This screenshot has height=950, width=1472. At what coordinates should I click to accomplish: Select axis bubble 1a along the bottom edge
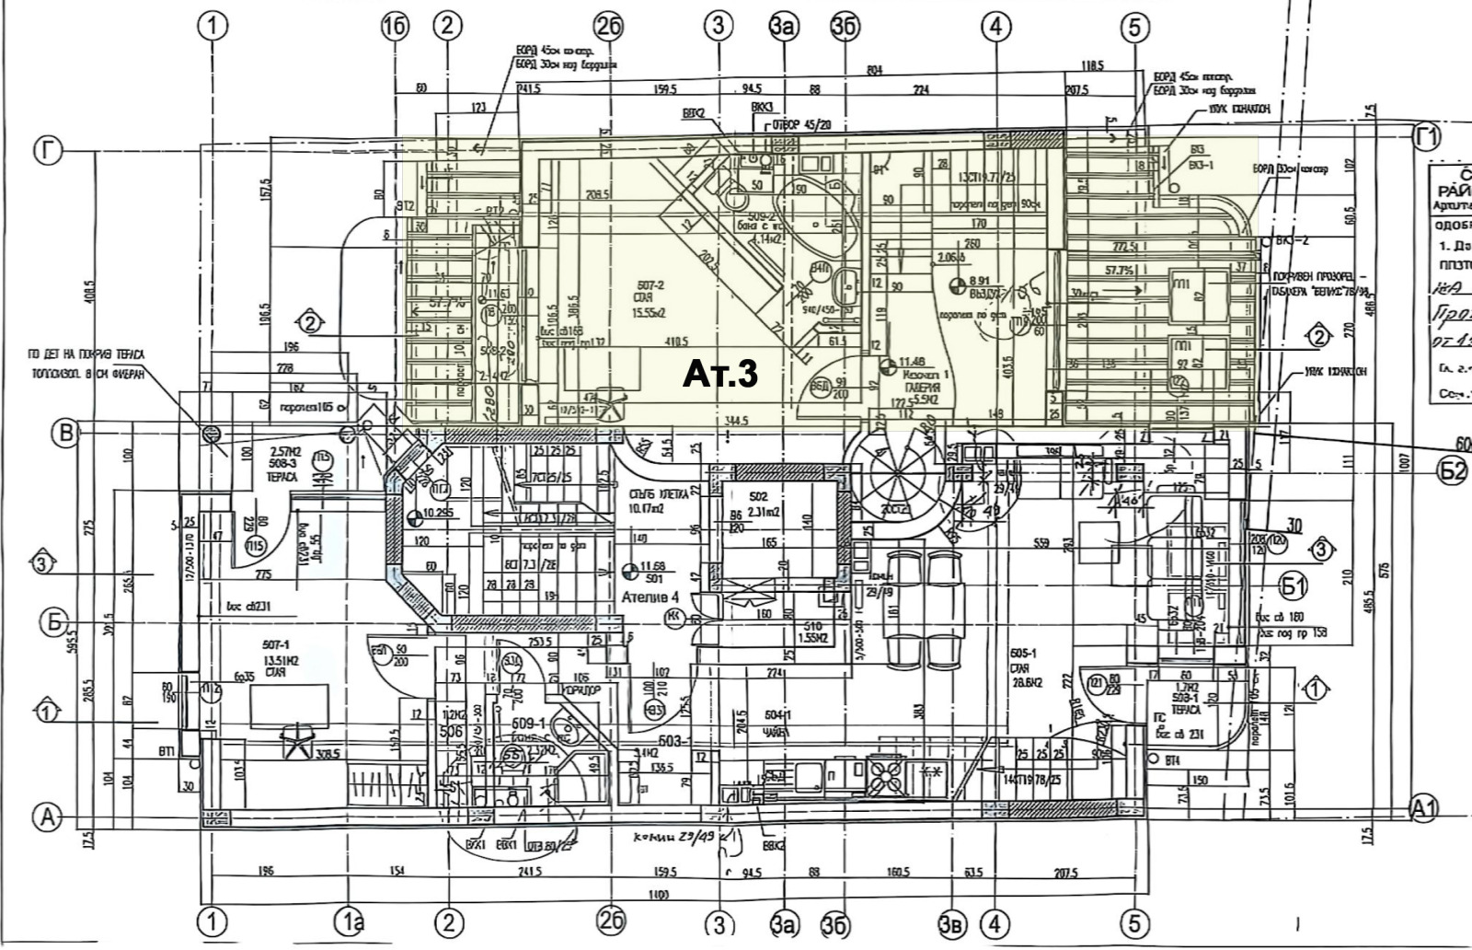pos(351,923)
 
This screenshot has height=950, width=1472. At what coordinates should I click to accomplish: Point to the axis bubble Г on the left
pos(47,149)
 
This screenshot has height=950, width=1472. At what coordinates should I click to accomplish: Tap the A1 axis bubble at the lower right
pos(1424,808)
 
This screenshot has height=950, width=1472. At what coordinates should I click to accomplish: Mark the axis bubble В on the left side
pos(65,433)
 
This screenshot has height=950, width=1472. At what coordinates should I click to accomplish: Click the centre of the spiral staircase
pos(895,477)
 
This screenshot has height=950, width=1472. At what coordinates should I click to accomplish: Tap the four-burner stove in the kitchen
pos(884,774)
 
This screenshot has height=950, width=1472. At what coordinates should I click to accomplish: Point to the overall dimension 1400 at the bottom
pos(658,894)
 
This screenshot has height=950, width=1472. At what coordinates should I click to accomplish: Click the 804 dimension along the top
pos(874,70)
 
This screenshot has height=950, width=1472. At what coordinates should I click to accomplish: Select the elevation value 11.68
pos(652,565)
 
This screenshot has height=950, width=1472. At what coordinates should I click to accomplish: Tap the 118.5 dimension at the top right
pos(1092,66)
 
